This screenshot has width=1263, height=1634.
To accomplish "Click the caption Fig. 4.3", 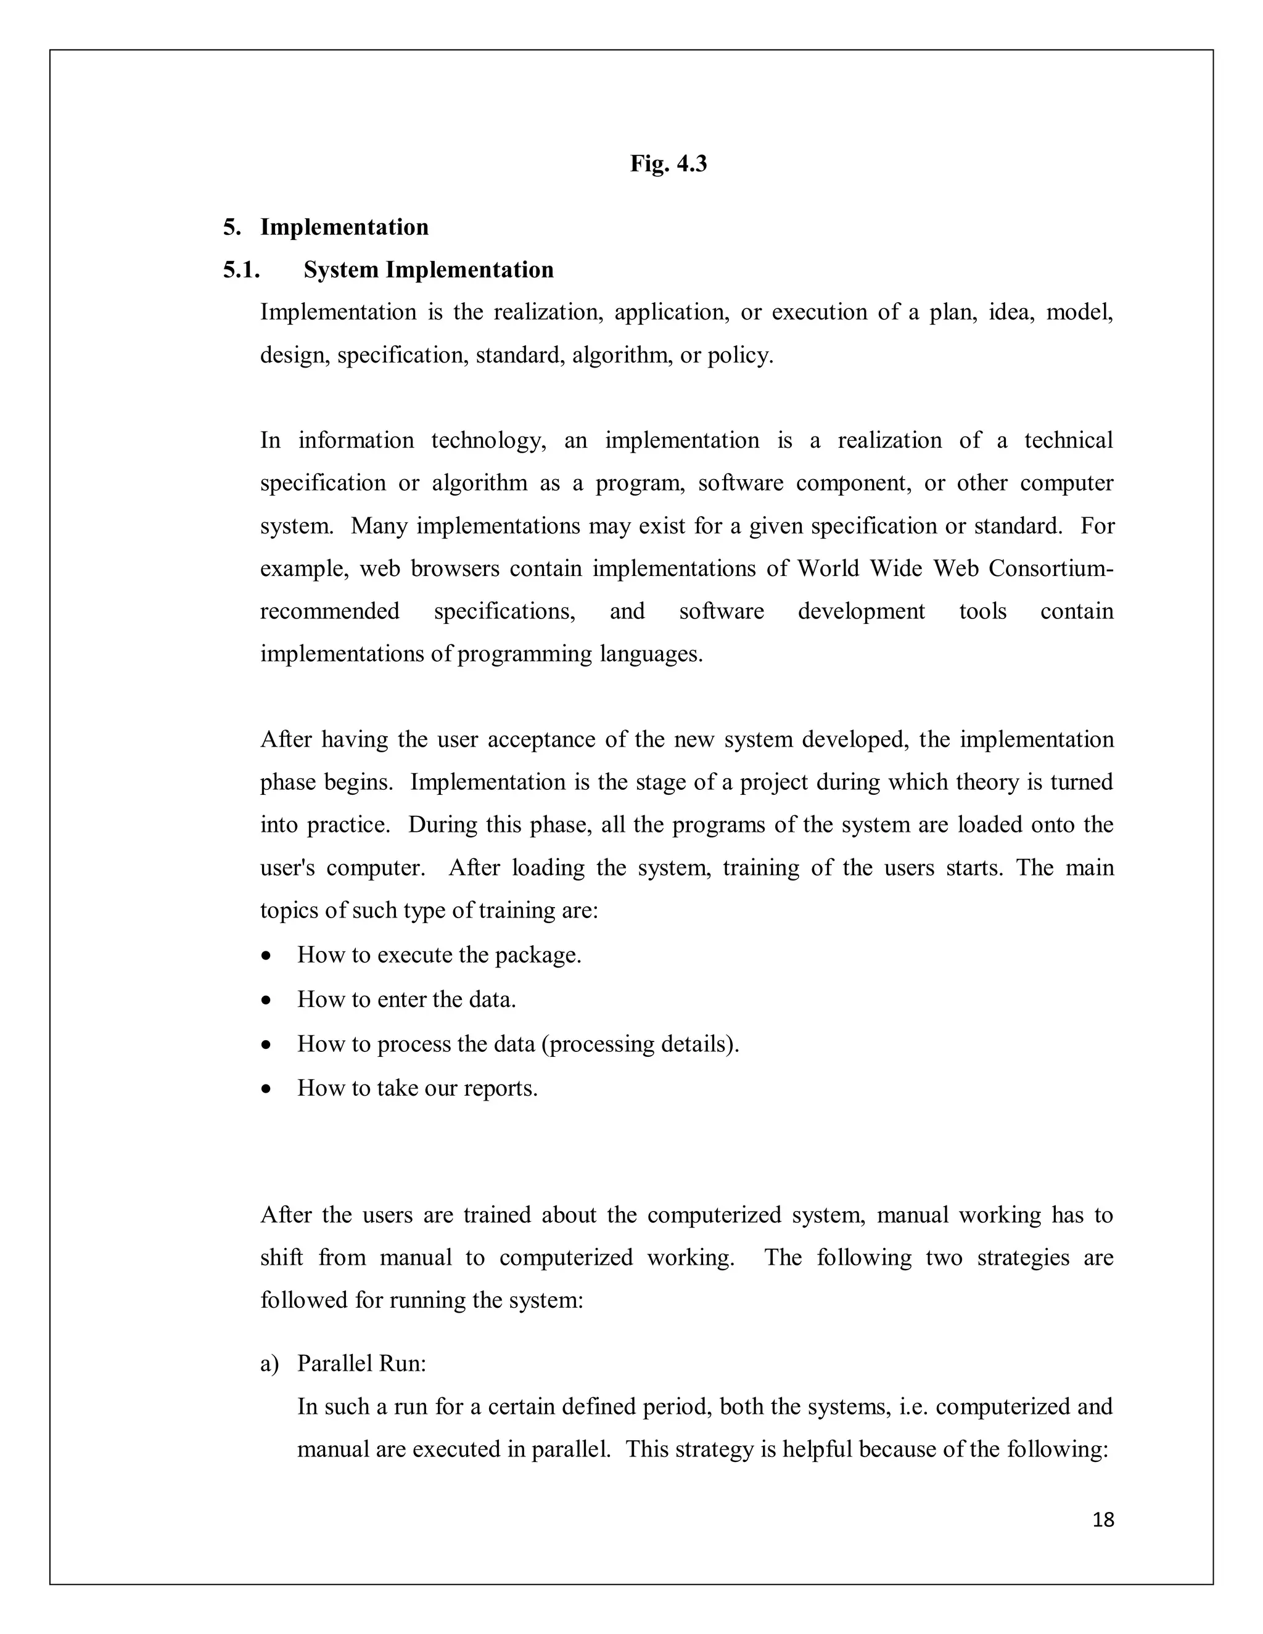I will point(667,163).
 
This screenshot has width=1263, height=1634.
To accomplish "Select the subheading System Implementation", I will point(428,269).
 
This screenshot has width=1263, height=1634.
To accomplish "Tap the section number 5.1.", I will point(241,269).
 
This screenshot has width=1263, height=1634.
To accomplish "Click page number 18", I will point(1103,1519).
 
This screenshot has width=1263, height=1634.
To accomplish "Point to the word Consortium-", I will point(1050,569).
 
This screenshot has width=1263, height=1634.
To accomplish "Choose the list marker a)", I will point(269,1364).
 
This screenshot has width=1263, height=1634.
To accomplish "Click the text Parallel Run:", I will point(361,1363).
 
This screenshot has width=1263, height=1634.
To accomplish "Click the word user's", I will point(287,868).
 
